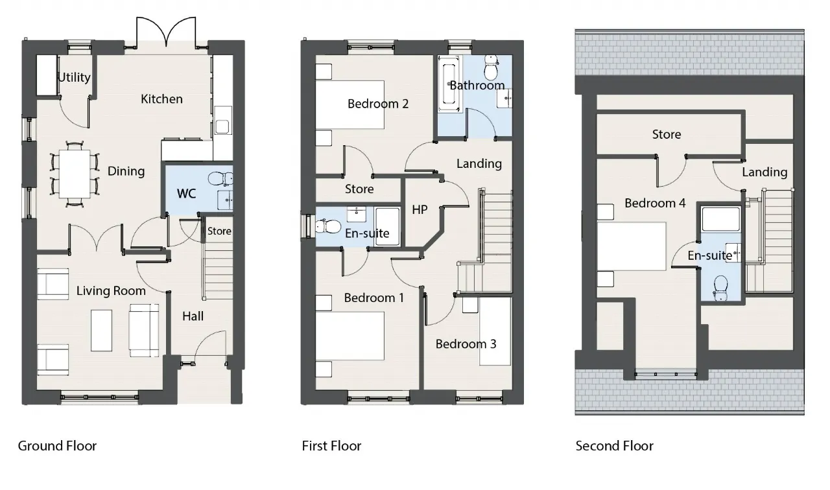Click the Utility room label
pos(74,78)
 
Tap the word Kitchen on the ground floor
pos(161,99)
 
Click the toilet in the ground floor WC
pos(222,178)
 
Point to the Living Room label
pos(111,291)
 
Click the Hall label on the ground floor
pos(193,316)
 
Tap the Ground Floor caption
pos(57,446)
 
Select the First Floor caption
pos(331,446)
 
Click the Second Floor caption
pos(614,446)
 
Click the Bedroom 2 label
pos(377,104)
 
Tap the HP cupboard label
pos(420,210)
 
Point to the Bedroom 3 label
pos(466,344)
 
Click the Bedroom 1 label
pos(373,298)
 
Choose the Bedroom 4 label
pos(655,204)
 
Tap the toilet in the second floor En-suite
pos(720,286)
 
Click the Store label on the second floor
pos(666,135)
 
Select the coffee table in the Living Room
pos(101,331)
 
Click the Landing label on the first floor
pos(479,164)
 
